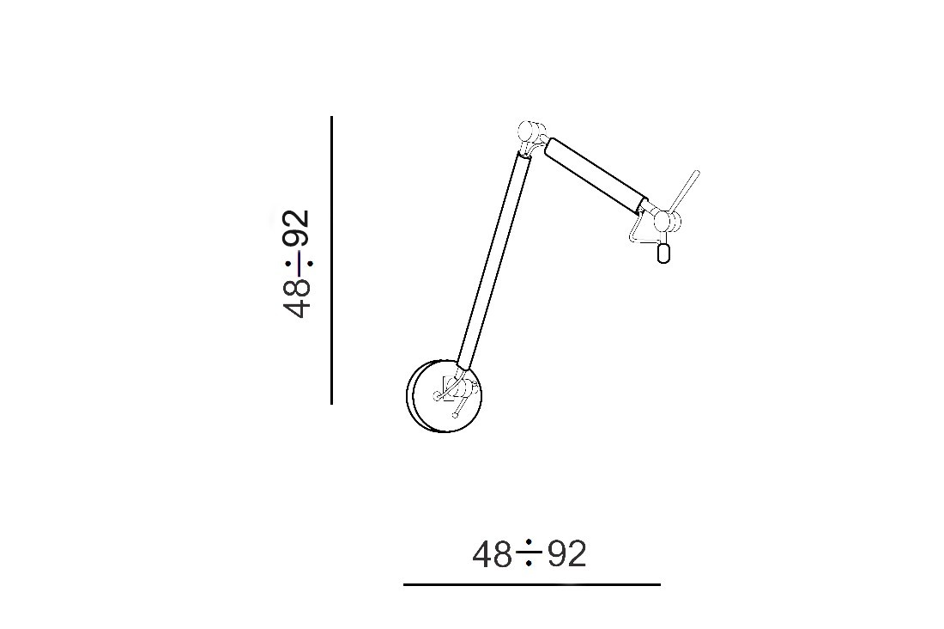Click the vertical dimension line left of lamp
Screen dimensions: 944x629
coord(332,260)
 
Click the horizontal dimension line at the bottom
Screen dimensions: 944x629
coord(532,584)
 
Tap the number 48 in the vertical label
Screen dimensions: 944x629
coord(298,296)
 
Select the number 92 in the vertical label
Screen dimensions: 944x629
coord(298,228)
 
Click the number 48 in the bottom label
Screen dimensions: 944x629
coord(492,554)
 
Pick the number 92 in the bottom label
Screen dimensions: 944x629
coord(566,554)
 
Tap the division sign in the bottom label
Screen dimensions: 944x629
coord(529,553)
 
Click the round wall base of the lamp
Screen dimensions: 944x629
coord(445,396)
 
